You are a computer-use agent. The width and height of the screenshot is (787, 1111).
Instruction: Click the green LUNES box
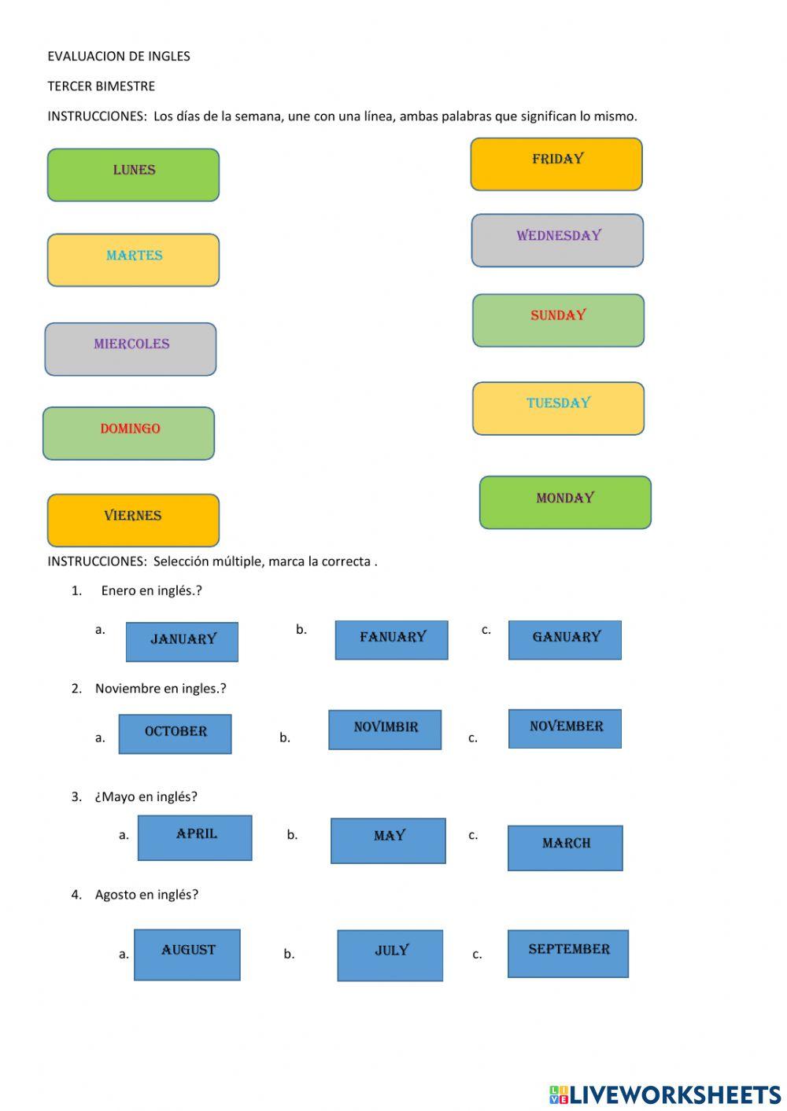tap(133, 175)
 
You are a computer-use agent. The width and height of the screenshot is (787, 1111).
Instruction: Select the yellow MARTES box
tap(133, 259)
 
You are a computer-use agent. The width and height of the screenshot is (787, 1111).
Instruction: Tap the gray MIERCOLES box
tap(131, 349)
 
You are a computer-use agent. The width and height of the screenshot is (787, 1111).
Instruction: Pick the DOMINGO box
tap(129, 433)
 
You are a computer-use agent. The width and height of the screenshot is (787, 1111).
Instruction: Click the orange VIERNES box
tap(133, 520)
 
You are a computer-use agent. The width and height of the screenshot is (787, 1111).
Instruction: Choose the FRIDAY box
tap(556, 164)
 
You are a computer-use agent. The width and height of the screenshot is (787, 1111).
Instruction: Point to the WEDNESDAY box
tap(557, 240)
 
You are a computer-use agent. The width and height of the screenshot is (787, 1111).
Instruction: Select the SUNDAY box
tap(558, 320)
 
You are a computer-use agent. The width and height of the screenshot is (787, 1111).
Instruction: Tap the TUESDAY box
tap(558, 408)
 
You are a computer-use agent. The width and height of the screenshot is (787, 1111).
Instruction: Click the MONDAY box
tap(565, 502)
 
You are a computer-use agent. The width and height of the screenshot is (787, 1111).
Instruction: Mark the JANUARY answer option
tap(182, 642)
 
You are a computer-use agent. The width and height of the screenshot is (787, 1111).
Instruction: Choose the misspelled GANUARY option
tap(565, 640)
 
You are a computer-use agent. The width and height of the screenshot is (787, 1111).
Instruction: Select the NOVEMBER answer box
tap(565, 729)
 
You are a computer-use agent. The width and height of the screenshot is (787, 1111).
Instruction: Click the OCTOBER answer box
tap(175, 734)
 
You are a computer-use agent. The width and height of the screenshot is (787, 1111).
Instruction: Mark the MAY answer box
tap(388, 841)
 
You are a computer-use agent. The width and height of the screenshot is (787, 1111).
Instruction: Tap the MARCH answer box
tap(565, 848)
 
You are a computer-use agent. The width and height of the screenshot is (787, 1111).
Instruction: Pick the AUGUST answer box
tap(187, 955)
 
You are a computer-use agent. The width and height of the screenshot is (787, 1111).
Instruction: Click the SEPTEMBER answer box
tap(568, 954)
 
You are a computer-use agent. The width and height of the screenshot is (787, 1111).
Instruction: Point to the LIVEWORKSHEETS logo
tap(665, 1094)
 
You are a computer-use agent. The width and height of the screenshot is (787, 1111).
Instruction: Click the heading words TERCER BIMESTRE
tap(101, 86)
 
